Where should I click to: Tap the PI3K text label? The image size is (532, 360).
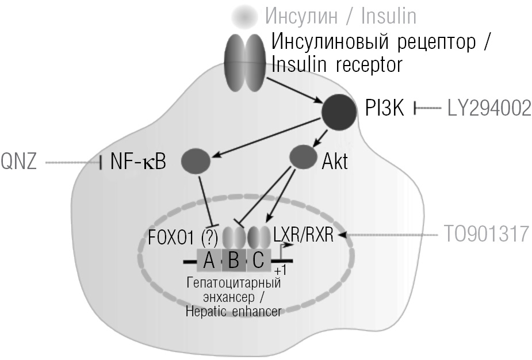(x=384, y=108)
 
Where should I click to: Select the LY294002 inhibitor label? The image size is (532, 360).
(x=489, y=108)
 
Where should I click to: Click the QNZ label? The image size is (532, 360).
(x=18, y=161)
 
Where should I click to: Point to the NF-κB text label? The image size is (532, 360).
(x=138, y=161)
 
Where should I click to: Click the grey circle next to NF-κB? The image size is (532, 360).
(x=196, y=161)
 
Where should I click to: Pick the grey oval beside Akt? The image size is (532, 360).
(x=303, y=157)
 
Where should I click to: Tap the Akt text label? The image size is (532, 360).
(x=335, y=161)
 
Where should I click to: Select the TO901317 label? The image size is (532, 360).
(x=487, y=234)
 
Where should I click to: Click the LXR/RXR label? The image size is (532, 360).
(x=303, y=235)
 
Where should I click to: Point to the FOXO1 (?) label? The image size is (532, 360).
(x=183, y=237)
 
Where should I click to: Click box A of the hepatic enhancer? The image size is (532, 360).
(x=209, y=261)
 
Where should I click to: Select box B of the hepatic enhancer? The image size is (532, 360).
(x=234, y=261)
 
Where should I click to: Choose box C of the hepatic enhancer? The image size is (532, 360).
(x=259, y=261)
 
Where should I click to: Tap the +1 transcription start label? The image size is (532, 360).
(x=280, y=271)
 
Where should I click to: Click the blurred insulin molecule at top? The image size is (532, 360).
(x=244, y=16)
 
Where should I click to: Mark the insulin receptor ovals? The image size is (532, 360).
(x=244, y=62)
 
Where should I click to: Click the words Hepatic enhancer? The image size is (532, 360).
(x=234, y=312)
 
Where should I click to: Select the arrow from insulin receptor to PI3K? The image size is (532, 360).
(x=294, y=90)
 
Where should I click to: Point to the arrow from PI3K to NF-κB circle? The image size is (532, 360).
(x=266, y=138)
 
